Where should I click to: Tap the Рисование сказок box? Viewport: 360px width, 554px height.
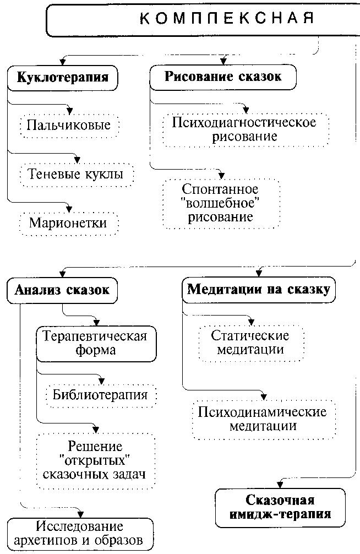click(222, 77)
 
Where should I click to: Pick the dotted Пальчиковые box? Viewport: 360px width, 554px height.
click(69, 125)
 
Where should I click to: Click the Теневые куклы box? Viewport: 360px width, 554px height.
click(75, 174)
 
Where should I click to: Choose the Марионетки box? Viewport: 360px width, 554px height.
click(67, 223)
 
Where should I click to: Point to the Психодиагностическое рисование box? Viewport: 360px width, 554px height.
click(244, 129)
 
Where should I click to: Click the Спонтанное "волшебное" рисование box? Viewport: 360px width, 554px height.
click(220, 203)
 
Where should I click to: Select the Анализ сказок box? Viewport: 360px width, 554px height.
click(62, 289)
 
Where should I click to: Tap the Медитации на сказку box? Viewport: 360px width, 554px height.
click(259, 289)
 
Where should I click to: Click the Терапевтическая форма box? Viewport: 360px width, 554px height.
click(95, 343)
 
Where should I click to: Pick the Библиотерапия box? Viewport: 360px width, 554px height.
click(100, 394)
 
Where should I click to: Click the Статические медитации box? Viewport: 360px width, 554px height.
click(250, 343)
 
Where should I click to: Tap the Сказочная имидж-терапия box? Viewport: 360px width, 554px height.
click(280, 508)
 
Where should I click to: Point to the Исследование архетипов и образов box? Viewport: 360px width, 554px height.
click(80, 533)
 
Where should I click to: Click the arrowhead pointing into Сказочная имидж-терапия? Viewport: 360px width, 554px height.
click(280, 485)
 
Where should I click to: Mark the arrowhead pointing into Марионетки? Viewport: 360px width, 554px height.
click(69, 208)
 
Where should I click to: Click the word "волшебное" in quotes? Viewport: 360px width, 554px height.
click(220, 203)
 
